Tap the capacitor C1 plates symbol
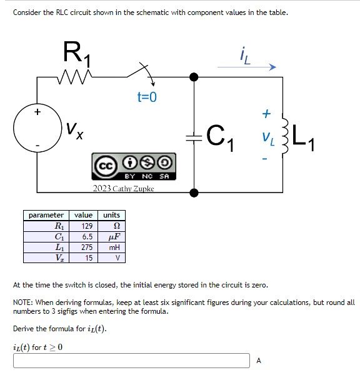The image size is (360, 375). coord(194,134)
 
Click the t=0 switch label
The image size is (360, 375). coord(147,97)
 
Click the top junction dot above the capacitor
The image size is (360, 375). coord(194,77)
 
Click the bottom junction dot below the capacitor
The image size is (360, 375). coord(194,192)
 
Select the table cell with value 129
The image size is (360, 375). coord(87,226)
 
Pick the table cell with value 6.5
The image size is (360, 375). coord(87,237)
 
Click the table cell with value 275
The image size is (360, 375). coord(87,247)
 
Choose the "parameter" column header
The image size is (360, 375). coord(46,215)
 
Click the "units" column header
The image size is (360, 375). coord(112,215)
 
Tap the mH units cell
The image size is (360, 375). coord(114,247)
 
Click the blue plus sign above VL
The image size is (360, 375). coord(266,114)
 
